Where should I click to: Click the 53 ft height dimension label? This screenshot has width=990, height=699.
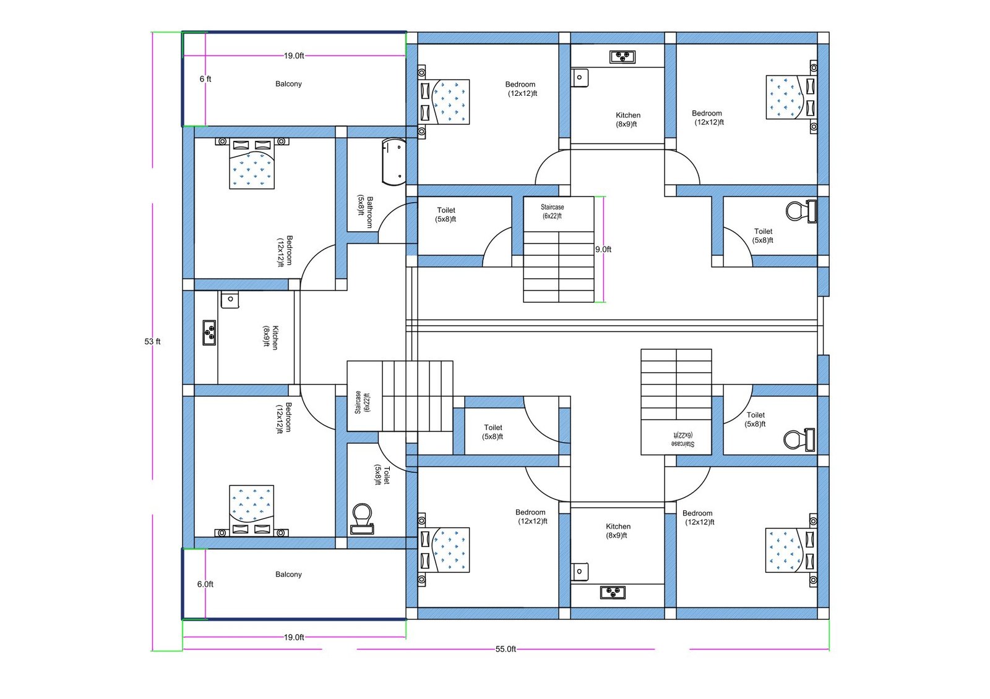click(x=152, y=341)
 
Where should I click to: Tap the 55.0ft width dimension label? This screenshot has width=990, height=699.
click(x=506, y=649)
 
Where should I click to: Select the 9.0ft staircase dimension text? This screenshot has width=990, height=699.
click(x=603, y=249)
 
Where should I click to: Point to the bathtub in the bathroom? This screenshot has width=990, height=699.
click(x=394, y=162)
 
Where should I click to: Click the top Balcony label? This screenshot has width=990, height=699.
click(x=288, y=83)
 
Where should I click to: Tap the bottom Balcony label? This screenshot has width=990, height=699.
click(x=288, y=574)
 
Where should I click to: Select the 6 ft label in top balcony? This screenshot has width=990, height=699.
click(x=205, y=78)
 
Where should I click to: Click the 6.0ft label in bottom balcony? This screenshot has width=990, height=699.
click(x=205, y=584)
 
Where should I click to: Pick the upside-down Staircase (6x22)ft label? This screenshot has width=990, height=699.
click(x=682, y=439)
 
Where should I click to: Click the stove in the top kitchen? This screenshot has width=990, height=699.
click(x=622, y=57)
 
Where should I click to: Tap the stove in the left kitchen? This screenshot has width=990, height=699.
click(x=210, y=333)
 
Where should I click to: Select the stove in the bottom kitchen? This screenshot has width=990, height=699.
click(x=613, y=593)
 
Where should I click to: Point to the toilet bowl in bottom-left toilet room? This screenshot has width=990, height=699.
click(x=362, y=518)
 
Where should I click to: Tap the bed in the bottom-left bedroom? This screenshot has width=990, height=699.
click(x=251, y=509)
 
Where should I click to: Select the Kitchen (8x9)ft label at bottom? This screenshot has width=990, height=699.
click(x=618, y=530)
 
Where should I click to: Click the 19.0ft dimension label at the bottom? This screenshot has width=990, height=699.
click(x=294, y=637)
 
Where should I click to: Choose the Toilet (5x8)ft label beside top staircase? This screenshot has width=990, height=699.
click(x=446, y=214)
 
